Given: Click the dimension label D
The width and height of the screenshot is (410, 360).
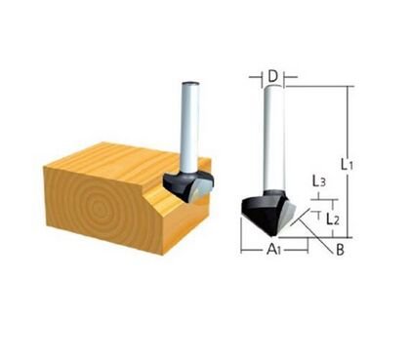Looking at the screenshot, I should [x=274, y=74].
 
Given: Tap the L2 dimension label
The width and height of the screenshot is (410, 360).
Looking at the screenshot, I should [x=332, y=220].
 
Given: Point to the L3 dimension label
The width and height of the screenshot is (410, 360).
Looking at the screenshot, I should [x=319, y=181].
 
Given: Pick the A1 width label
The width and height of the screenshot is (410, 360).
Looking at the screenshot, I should [x=276, y=250].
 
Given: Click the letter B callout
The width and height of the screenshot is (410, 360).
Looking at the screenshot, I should [x=340, y=250].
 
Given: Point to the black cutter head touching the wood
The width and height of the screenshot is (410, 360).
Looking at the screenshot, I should [x=185, y=182].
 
